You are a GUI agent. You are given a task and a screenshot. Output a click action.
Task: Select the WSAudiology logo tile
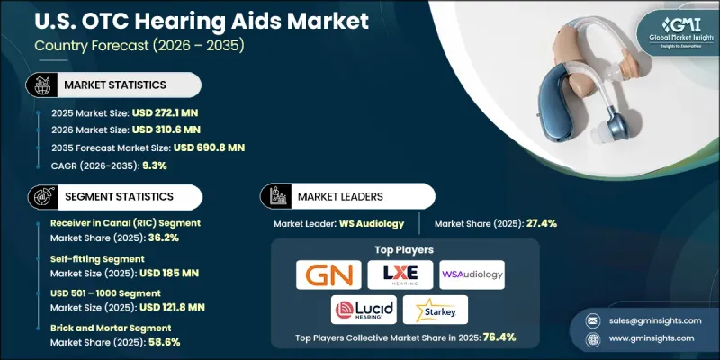[472, 274]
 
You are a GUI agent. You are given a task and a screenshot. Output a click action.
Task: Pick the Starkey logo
[436, 310]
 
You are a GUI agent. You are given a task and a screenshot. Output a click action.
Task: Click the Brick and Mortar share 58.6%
[143, 342]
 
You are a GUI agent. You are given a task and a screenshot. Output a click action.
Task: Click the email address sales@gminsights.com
[648, 321]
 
